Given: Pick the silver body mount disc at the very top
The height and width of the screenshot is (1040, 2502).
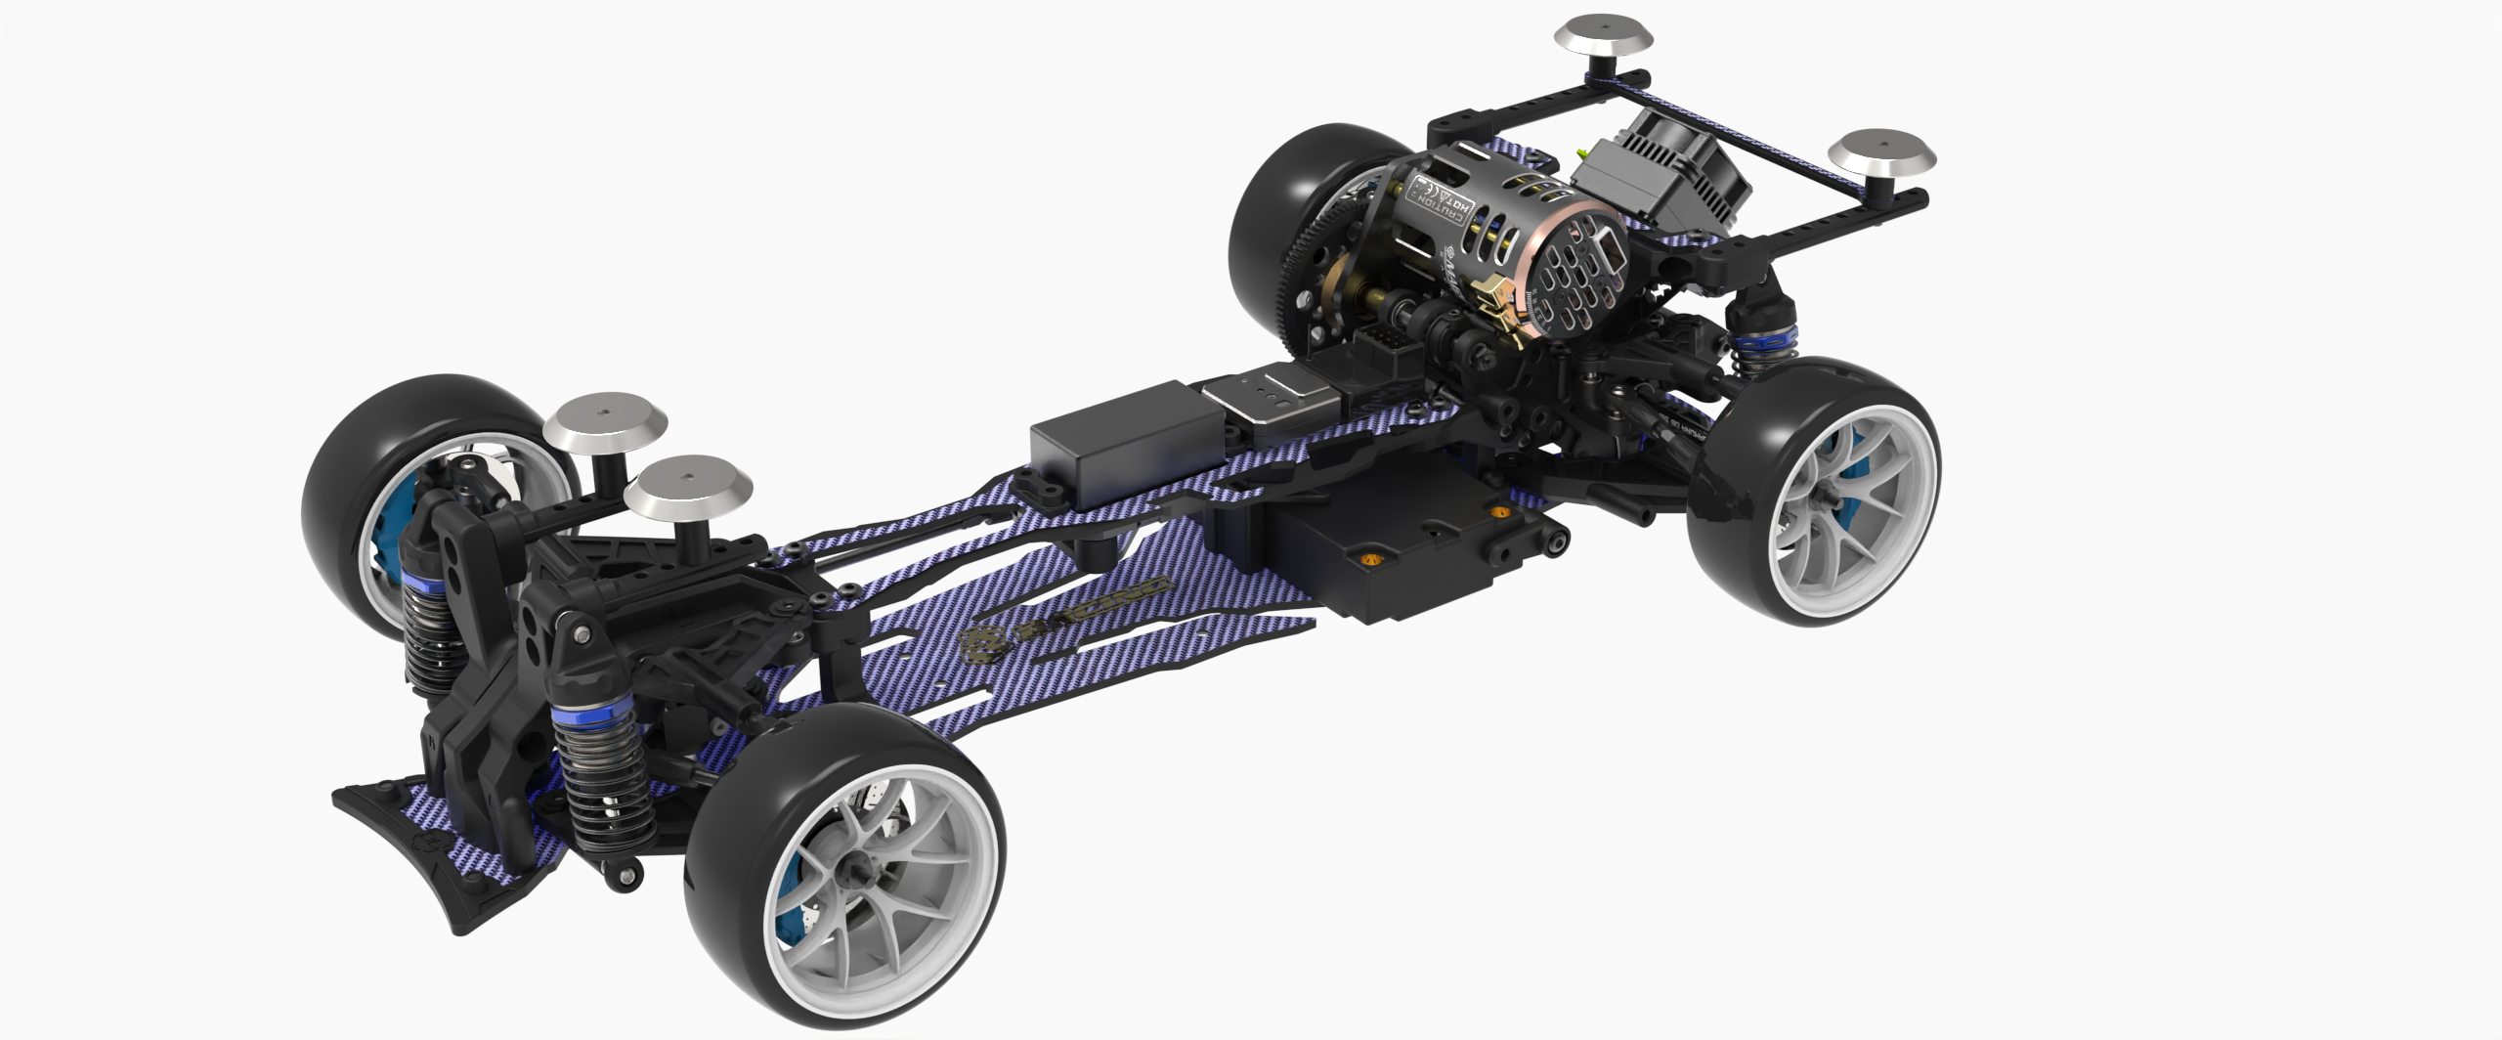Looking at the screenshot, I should click(1604, 36).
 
